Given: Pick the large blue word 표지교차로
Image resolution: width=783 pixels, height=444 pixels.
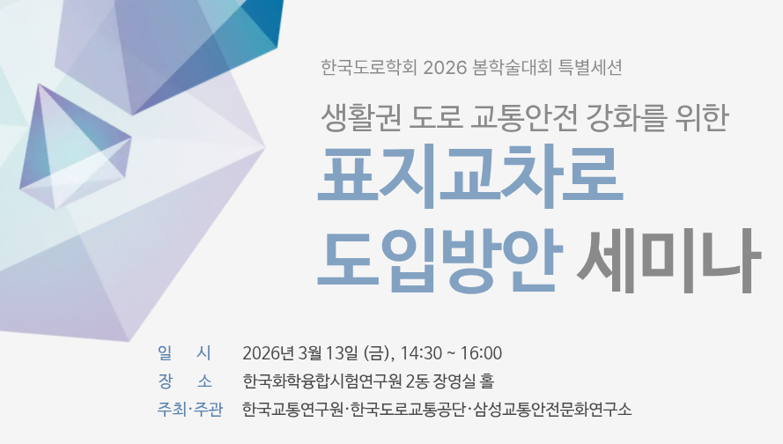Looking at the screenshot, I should tap(472, 180).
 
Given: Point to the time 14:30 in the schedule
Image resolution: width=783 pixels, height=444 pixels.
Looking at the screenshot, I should tap(419, 354).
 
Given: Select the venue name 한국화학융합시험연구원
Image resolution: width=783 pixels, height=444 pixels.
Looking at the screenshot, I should tap(322, 382).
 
